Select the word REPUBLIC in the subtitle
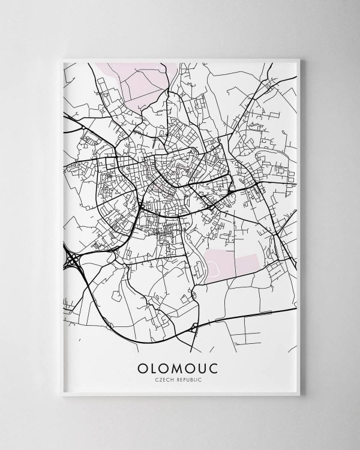tap(188, 380)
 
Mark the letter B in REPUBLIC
tap(193, 380)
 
